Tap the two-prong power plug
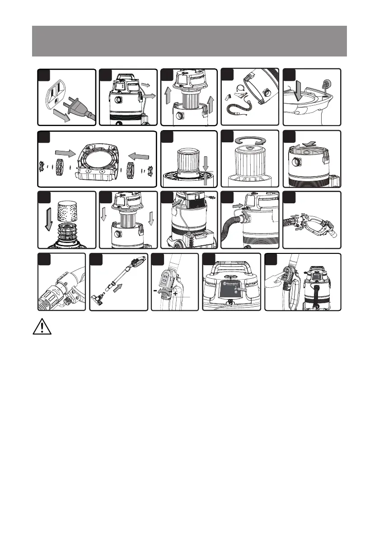(x=79, y=107)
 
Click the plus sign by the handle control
(x=175, y=293)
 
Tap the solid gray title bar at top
(x=189, y=41)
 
